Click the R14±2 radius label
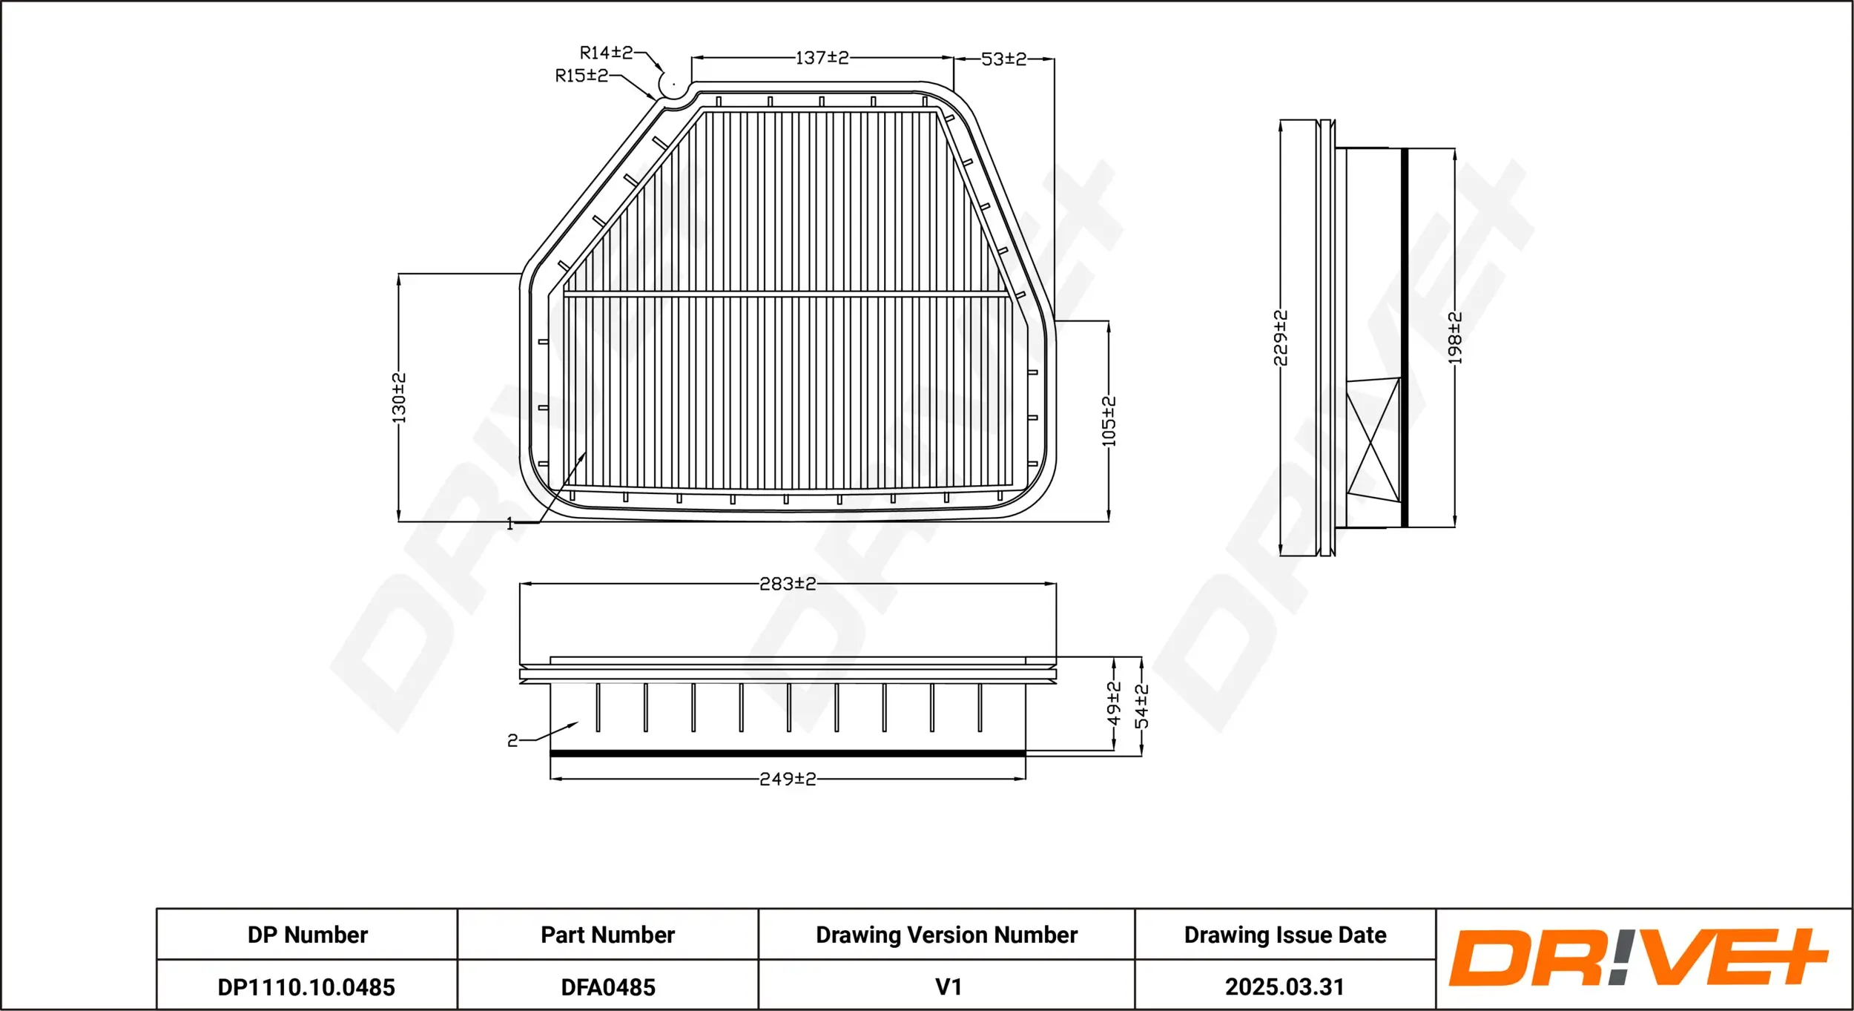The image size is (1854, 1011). coord(606,53)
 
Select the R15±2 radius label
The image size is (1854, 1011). coord(581,76)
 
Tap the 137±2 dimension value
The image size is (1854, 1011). coord(822,58)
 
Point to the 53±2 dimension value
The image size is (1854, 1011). coord(1003,59)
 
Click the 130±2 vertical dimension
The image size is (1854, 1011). coord(399,398)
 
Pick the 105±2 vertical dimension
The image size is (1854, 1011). coord(1109,422)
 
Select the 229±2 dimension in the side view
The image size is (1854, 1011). coord(1281,338)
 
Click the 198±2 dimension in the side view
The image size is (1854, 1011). coord(1455,338)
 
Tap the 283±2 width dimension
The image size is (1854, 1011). coord(788,584)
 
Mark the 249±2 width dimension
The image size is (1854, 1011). coord(788,780)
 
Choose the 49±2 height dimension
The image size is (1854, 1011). coord(1114,703)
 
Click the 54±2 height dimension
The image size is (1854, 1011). coord(1142,706)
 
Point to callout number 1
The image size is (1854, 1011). coord(509,524)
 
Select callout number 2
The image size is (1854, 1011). coord(512,740)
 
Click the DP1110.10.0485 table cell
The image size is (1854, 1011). coord(306,987)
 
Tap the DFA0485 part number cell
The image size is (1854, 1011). coord(608,987)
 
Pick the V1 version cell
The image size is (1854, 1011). coord(948,987)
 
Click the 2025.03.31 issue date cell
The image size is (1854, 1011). coord(1284,987)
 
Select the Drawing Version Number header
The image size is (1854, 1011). coord(946,935)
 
